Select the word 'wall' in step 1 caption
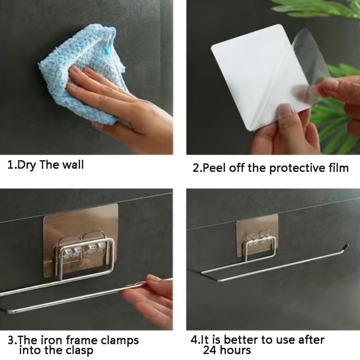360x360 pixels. click(x=72, y=165)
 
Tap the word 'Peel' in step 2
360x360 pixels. click(x=216, y=168)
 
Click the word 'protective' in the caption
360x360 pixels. click(x=292, y=168)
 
